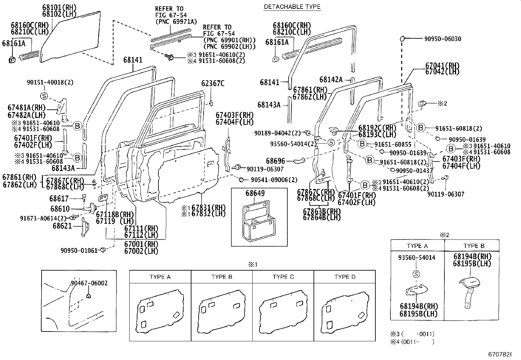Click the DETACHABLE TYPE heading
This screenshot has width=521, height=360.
292,7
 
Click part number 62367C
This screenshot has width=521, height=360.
213,84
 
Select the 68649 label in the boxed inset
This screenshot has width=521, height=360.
255,194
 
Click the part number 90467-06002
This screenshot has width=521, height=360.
89,283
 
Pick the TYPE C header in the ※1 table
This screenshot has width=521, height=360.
283,277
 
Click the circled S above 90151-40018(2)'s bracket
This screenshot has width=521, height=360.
44,96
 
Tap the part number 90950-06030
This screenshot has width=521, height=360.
443,39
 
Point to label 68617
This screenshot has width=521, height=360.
59,199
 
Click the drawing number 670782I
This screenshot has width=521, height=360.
499,354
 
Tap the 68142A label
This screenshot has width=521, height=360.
331,80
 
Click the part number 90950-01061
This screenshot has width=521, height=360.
79,251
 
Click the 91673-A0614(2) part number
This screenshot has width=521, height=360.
43,218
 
